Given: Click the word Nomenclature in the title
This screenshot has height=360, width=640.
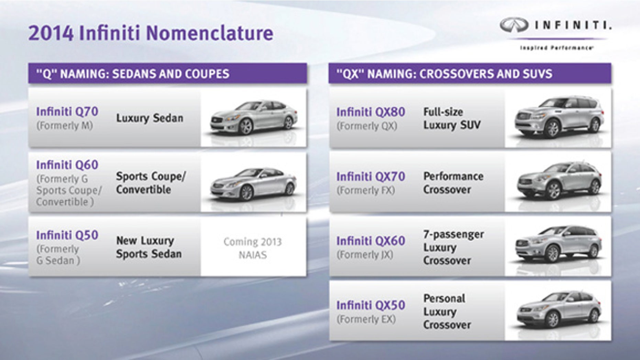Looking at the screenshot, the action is [x=210, y=33].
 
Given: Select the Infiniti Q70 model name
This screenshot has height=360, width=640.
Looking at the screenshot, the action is [x=67, y=112].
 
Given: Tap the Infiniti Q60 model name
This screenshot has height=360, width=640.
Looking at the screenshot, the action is [x=67, y=165].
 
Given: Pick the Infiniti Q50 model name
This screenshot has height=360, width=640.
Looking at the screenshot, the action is [x=67, y=235].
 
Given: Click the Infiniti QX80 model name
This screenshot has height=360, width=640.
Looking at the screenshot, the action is [x=371, y=112].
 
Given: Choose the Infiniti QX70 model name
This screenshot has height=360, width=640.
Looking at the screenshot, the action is [x=371, y=177].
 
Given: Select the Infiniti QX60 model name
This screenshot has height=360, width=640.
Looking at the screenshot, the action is [x=371, y=241].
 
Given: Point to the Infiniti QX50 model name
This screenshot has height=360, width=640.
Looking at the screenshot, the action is [x=371, y=305].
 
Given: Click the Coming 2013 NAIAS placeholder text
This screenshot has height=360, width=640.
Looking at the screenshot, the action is [x=253, y=248].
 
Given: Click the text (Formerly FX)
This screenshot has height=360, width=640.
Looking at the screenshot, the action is [x=366, y=190].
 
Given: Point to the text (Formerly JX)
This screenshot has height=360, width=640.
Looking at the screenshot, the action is [x=365, y=255].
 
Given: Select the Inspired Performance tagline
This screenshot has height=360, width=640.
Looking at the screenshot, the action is [x=556, y=48].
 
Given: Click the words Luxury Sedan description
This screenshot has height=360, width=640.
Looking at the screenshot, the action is [x=150, y=118].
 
